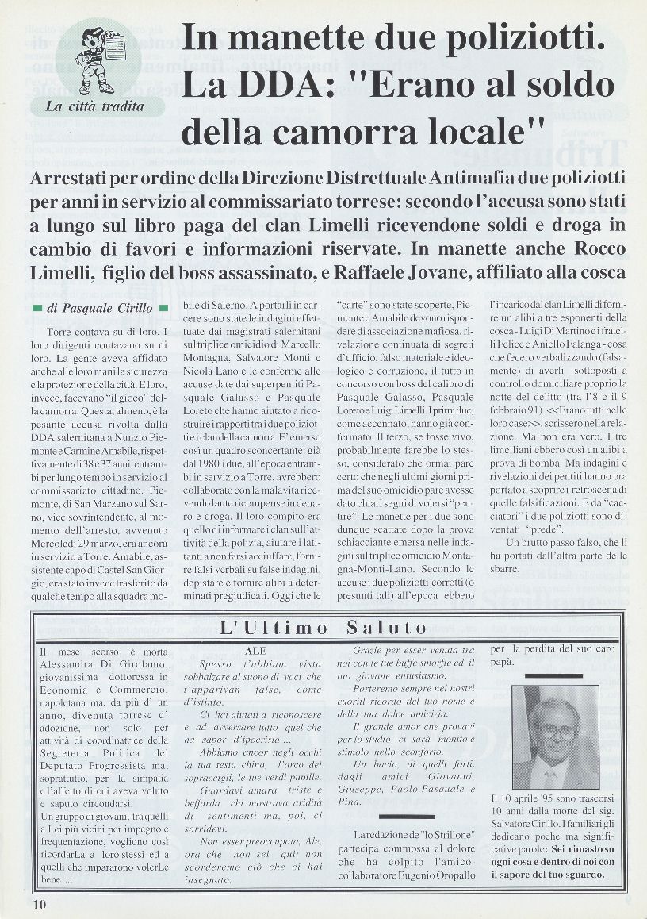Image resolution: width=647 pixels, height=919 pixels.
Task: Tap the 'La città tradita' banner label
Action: tap(94, 106)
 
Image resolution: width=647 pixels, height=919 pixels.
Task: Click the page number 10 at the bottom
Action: tap(40, 903)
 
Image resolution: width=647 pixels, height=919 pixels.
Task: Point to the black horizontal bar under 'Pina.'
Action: tap(406, 816)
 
